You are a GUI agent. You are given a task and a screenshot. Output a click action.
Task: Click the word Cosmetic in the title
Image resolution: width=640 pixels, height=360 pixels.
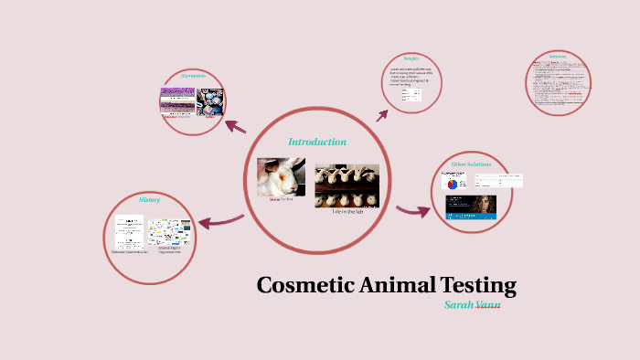(300, 285)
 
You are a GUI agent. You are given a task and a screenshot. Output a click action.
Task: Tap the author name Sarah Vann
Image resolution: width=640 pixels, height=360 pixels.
(472, 304)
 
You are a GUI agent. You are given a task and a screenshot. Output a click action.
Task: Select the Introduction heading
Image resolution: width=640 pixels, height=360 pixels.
(317, 142)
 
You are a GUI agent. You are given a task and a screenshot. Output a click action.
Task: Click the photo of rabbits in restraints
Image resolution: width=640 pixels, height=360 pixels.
(347, 185)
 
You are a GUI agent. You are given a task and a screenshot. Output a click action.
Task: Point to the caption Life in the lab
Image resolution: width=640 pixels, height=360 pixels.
(347, 211)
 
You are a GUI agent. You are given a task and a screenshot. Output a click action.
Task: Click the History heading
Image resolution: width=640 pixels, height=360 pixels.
(149, 199)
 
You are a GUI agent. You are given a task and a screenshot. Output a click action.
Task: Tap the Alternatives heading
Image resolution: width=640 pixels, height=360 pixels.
(193, 76)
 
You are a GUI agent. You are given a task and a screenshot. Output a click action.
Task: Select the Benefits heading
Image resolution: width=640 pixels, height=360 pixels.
(411, 58)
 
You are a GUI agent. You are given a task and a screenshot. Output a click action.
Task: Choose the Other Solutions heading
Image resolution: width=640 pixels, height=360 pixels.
(472, 164)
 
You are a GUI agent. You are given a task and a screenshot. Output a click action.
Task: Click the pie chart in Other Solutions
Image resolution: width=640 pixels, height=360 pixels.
(454, 181)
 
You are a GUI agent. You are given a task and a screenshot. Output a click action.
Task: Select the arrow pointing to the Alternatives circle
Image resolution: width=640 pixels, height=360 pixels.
(235, 126)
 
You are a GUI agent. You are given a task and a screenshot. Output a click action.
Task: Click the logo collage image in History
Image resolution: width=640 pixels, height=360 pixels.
(168, 232)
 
